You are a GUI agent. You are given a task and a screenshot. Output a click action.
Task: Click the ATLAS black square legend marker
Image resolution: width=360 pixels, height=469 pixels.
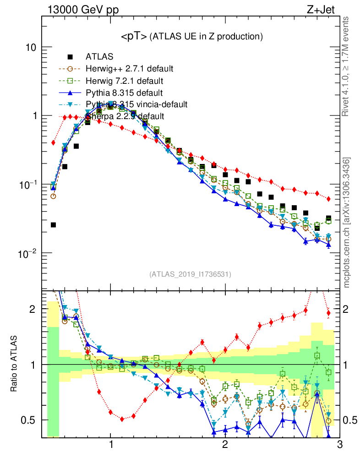coord(70,57)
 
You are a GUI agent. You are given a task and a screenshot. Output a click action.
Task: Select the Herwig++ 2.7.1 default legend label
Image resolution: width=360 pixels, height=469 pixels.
coord(129,69)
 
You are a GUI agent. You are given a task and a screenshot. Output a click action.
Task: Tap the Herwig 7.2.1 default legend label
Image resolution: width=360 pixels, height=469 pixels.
coord(125,81)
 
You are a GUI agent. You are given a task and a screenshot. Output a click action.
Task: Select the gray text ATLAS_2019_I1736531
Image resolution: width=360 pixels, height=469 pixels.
coord(190,274)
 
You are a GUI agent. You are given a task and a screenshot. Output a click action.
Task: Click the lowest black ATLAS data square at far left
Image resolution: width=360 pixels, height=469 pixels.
coord(53,225)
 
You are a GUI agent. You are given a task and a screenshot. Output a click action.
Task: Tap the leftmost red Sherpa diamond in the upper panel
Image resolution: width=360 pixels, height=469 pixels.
coord(53,142)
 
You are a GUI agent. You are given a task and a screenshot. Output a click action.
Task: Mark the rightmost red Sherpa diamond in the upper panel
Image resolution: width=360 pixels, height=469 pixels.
coord(328,199)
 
